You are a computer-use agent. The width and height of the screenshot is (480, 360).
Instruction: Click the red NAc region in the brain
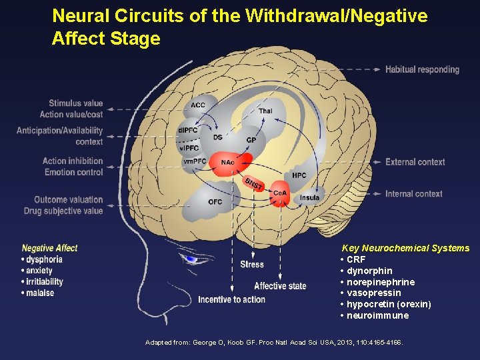[227, 161]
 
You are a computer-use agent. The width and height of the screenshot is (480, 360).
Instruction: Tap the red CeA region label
[280, 193]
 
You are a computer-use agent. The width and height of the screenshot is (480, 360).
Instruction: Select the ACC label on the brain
[198, 105]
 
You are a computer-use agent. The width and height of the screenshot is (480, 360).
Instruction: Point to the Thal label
[265, 111]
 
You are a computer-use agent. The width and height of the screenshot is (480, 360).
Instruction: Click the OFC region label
[215, 201]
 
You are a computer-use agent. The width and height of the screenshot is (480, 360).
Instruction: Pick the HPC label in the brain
[299, 175]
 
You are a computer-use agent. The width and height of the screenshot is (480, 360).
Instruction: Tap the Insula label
[309, 197]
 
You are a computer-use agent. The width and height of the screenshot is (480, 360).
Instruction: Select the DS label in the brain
[218, 137]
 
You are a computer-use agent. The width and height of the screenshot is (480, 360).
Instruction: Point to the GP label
[251, 140]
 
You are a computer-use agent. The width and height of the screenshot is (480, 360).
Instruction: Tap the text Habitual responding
[422, 69]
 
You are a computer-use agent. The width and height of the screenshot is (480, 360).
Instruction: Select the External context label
[415, 162]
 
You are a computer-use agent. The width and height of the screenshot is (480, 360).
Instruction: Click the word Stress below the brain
[252, 265]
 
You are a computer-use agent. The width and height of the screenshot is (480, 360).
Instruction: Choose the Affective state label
[280, 286]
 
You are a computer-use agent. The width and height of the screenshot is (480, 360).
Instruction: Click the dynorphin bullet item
[369, 271]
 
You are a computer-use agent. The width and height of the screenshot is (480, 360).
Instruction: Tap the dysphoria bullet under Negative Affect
[44, 259]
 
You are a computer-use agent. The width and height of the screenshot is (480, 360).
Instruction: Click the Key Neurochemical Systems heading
[405, 248]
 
